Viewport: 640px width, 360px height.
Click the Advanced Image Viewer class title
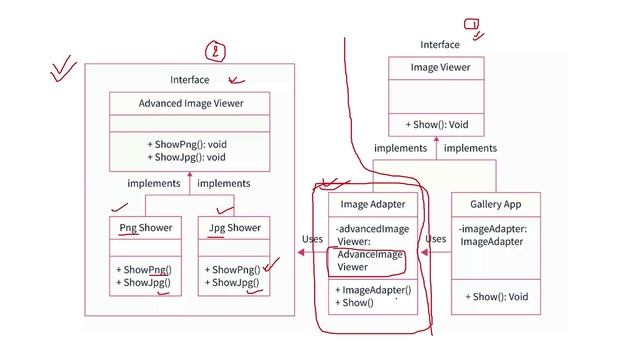190,103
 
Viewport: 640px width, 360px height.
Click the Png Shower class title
145,228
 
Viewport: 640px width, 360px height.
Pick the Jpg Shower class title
234,228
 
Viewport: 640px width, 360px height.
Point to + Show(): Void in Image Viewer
437,125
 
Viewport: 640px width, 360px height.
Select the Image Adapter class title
373,205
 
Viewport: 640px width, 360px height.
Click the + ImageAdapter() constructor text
373,290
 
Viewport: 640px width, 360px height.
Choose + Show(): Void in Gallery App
496,297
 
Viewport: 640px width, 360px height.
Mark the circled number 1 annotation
471,24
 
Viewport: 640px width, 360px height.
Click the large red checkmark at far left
63,69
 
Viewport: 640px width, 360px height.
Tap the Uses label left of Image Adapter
312,240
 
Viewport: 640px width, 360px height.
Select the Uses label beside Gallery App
435,240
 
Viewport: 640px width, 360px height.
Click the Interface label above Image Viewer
440,45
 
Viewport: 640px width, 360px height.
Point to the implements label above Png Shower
154,183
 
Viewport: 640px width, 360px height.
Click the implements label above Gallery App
470,148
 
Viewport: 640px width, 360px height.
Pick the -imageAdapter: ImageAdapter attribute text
493,235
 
